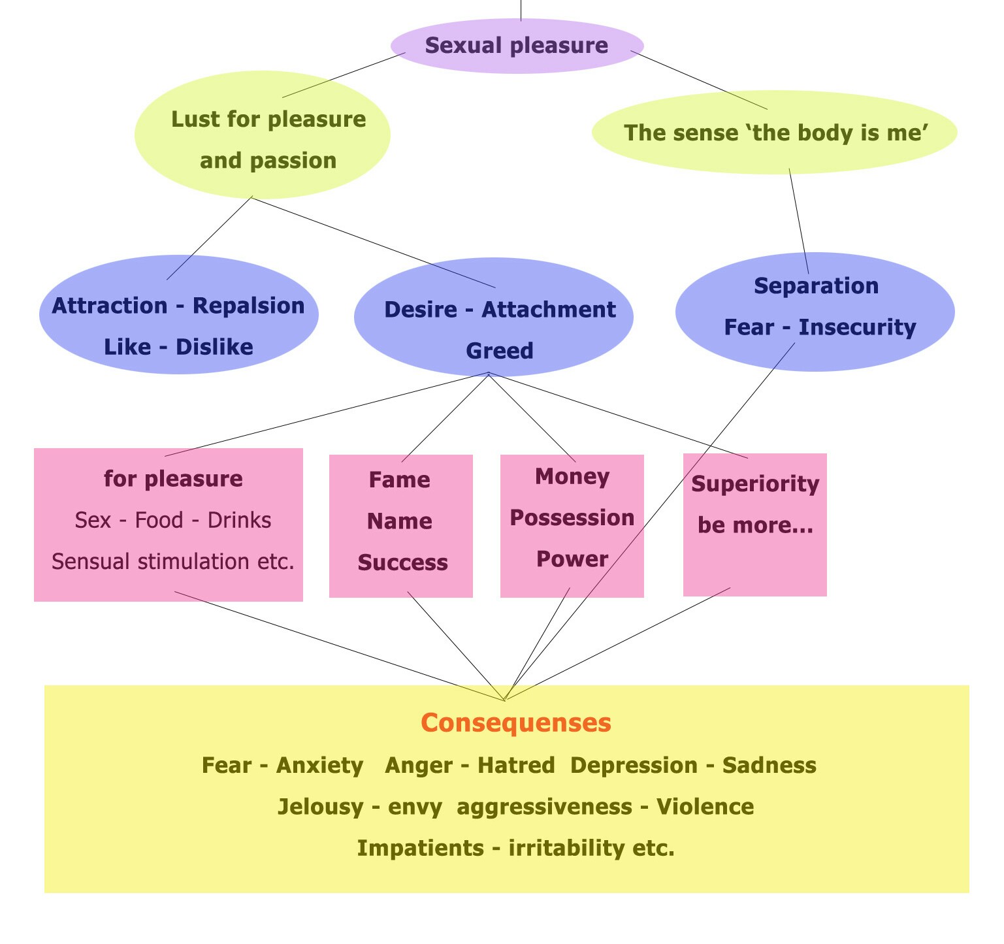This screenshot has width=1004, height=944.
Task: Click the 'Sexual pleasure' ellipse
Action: coord(517,46)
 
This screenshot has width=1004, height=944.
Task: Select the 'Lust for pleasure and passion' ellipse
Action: coord(262,135)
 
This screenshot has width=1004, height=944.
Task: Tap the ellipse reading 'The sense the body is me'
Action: coord(774,133)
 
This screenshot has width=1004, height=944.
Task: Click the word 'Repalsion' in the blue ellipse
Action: coord(249,306)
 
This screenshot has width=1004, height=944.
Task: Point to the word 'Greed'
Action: coord(500,351)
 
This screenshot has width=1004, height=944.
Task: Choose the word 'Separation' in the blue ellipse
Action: coord(816,285)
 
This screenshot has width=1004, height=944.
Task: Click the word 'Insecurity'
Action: coord(857,327)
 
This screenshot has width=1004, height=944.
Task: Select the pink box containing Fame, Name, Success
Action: coord(400,526)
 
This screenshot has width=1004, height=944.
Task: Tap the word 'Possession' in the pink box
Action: coord(572,518)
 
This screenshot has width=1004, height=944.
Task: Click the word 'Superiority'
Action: coord(755,484)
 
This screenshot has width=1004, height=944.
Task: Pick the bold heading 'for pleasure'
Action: coord(173,479)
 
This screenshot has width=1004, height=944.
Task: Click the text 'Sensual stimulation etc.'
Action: coord(173,561)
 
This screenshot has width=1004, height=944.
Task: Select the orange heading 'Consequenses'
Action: coord(516,723)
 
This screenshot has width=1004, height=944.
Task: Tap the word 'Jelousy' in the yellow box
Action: coord(320,807)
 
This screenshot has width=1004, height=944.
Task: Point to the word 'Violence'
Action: coord(705,807)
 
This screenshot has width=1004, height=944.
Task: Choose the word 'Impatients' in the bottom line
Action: coord(421,848)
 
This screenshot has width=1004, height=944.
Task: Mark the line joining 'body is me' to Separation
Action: coord(799,222)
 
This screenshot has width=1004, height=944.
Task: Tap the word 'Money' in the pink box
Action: coord(572,476)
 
